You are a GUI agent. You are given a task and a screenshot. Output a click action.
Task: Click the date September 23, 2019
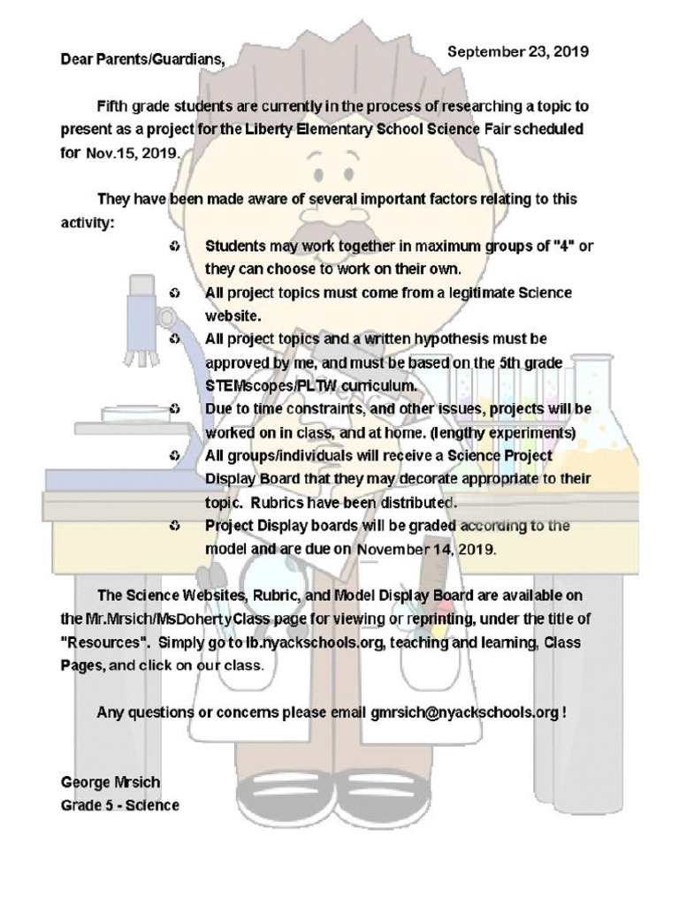click(517, 52)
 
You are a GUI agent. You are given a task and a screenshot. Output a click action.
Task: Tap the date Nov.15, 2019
click(132, 152)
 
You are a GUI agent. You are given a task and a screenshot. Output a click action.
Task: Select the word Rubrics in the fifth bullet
click(279, 503)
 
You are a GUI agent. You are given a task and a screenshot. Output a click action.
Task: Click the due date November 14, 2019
click(426, 549)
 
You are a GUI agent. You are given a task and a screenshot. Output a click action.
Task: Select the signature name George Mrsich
click(111, 783)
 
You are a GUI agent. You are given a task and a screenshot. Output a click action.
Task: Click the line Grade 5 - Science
click(119, 805)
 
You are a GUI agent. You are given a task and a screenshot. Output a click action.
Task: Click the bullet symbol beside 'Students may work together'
click(174, 246)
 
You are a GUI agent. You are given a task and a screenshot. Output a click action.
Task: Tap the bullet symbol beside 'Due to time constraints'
click(174, 409)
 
